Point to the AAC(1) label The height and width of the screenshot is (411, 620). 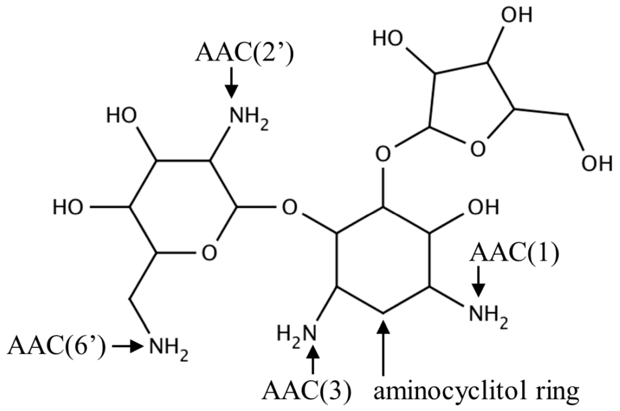pyautogui.click(x=514, y=254)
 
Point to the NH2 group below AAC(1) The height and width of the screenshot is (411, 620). pyautogui.click(x=488, y=314)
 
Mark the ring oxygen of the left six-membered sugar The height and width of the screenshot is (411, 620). pyautogui.click(x=209, y=252)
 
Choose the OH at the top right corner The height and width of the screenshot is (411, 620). pyautogui.click(x=517, y=15)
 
